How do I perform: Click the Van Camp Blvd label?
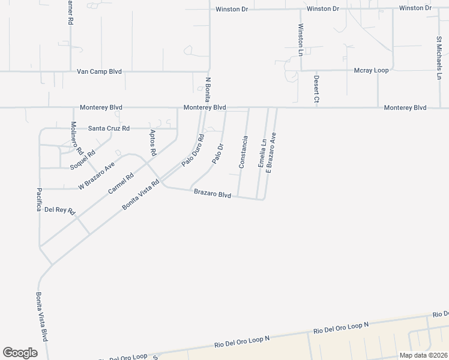pos(99,71)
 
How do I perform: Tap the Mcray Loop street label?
pos(371,70)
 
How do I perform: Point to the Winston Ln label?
pos(301,40)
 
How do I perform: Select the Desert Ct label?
pos(316,89)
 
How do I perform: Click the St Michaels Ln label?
pos(439,58)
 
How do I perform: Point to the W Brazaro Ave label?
pos(96,176)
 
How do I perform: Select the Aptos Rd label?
pos(153,143)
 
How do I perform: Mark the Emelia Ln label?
pos(262,153)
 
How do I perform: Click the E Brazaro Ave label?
pos(271,152)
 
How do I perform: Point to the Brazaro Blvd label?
pos(212,194)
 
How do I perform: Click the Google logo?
pos(20,352)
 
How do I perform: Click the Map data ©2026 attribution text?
pos(423,355)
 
